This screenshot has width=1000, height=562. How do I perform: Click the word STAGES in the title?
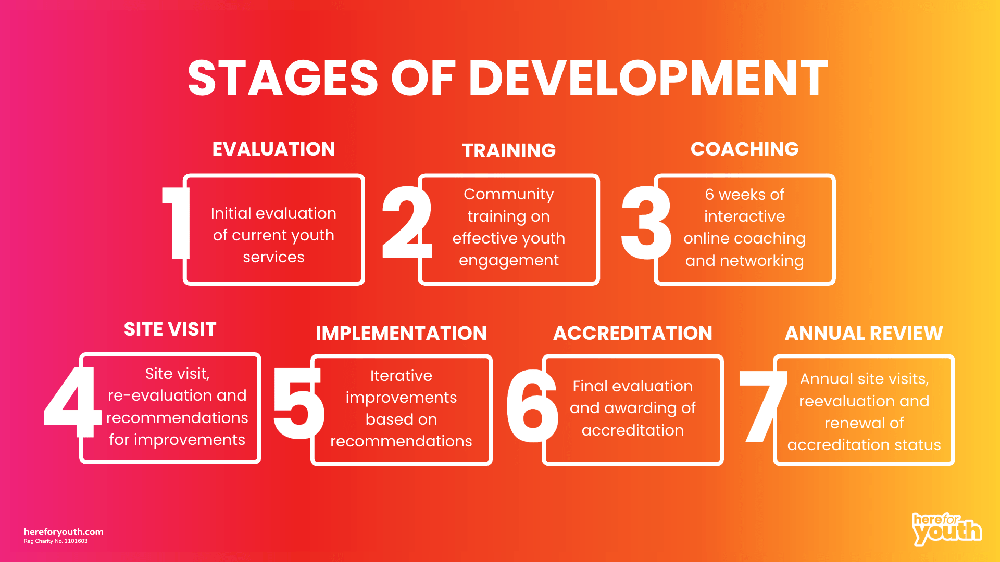pyautogui.click(x=283, y=79)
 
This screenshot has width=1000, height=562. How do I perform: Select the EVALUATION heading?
pyautogui.click(x=273, y=149)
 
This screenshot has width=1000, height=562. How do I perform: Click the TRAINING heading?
pyautogui.click(x=509, y=151)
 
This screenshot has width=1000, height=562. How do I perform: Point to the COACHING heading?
pyautogui.click(x=744, y=149)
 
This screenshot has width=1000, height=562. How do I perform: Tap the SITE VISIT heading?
pyautogui.click(x=170, y=329)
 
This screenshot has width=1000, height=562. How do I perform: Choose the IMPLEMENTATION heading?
pyautogui.click(x=401, y=334)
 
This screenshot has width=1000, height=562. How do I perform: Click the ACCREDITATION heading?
pyautogui.click(x=632, y=334)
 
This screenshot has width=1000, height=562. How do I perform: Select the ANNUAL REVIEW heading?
pyautogui.click(x=864, y=334)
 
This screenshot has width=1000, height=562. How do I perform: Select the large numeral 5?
pyautogui.click(x=298, y=403)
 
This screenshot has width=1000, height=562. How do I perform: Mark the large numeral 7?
pyautogui.click(x=762, y=406)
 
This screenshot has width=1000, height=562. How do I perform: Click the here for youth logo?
pyautogui.click(x=946, y=529)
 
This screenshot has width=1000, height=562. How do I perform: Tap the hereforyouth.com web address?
pyautogui.click(x=64, y=532)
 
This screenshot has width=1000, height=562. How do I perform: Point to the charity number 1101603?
pyautogui.click(x=76, y=541)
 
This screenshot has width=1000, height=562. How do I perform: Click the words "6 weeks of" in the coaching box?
pyautogui.click(x=744, y=195)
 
